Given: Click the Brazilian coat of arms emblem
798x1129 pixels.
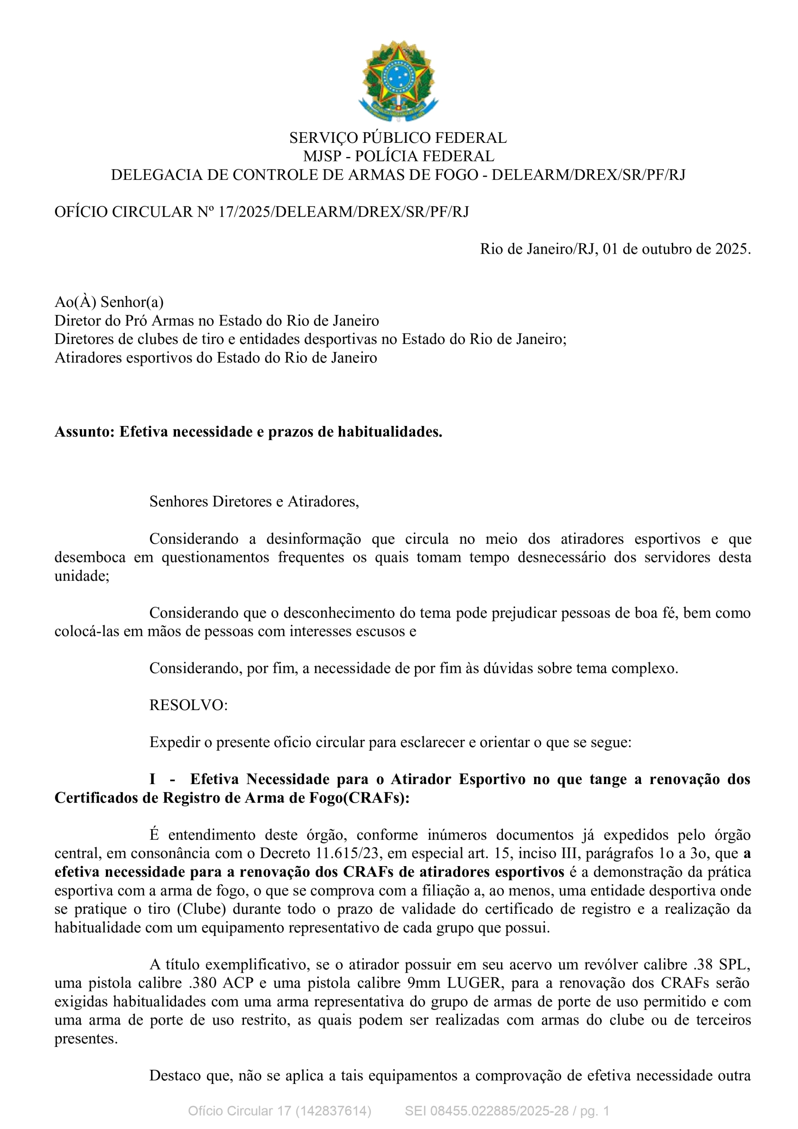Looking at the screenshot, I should coord(398,81).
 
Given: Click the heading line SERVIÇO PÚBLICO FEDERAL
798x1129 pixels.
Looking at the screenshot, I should coord(398,138).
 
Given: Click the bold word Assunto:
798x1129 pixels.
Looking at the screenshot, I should coord(85,431).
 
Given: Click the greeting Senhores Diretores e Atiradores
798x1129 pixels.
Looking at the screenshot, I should coord(254,501).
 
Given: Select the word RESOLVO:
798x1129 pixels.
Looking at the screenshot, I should coord(188,705).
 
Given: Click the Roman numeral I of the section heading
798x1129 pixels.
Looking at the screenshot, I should coord(153,779).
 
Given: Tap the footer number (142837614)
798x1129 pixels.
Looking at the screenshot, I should coord(333,1111).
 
